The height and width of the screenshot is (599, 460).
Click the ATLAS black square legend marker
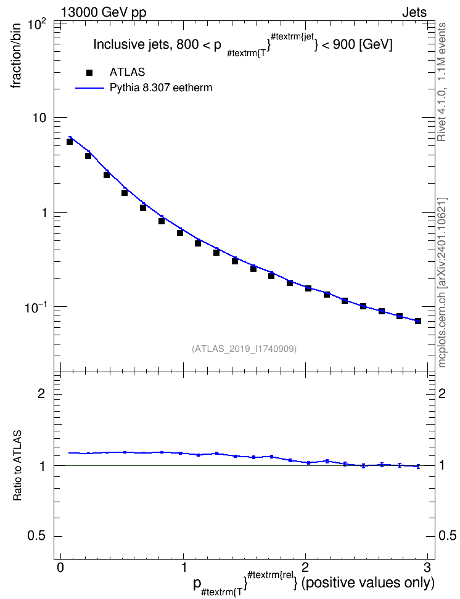(x=89, y=72)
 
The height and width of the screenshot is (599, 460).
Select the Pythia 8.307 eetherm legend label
(x=160, y=88)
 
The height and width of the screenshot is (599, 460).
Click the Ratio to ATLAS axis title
(x=17, y=465)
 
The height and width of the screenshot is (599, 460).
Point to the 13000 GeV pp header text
(x=104, y=12)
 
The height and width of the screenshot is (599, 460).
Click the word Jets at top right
(x=414, y=12)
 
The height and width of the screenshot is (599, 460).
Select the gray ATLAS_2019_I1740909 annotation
(x=244, y=349)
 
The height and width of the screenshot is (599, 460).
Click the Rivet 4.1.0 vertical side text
(x=442, y=82)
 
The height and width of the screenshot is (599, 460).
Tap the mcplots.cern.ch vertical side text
(x=442, y=282)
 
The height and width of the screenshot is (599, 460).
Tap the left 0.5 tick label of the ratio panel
(x=36, y=536)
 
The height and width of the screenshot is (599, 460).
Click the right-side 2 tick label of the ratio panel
(x=442, y=393)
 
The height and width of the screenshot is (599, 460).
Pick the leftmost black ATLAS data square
(x=70, y=142)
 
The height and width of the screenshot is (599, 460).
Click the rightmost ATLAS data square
(x=418, y=321)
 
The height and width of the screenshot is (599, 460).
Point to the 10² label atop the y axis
(x=38, y=26)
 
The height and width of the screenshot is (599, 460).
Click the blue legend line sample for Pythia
(x=89, y=88)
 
